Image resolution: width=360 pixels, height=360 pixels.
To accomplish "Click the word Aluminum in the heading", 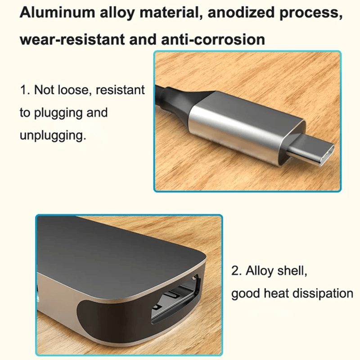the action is click(57, 13).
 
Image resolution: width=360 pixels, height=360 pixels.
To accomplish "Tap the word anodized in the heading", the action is click(241, 13).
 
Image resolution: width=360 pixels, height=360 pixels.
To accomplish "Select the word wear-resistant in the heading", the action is click(72, 40).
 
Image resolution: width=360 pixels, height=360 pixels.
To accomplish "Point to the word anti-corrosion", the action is click(213, 40).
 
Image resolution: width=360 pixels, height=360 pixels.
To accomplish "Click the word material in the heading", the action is click(171, 13).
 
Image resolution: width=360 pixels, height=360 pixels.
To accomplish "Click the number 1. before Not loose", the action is click(25, 90).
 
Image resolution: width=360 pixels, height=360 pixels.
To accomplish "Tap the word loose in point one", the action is click(74, 90).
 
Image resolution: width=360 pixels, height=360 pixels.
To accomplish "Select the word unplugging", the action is click(53, 135).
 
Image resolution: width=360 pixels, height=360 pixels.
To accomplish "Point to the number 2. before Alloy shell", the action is click(237, 271).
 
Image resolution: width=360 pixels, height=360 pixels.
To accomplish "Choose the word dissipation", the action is click(323, 293).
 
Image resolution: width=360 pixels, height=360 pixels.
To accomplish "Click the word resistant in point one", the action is click(120, 90).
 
